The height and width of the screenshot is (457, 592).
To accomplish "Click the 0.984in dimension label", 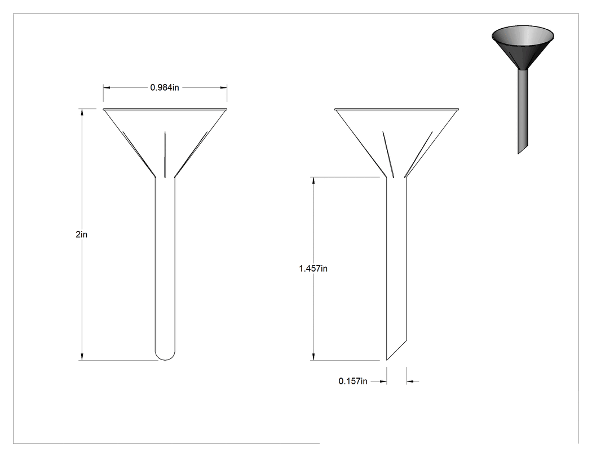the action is click(165, 87).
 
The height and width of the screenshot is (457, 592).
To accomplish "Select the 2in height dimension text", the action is click(82, 234).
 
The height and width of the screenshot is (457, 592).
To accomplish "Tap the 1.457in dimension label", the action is click(313, 269).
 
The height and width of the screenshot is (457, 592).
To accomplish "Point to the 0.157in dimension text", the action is click(352, 381).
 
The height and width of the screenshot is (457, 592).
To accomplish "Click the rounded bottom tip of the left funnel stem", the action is click(165, 360).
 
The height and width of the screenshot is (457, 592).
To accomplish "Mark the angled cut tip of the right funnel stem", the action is click(387, 360).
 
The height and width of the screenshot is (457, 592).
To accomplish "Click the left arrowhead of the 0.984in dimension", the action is click(107, 87).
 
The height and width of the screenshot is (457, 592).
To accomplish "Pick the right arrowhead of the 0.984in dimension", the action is click(223, 87).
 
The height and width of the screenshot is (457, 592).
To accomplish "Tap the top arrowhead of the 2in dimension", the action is click(82, 112).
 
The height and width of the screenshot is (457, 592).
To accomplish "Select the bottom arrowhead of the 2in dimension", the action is click(82, 357).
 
